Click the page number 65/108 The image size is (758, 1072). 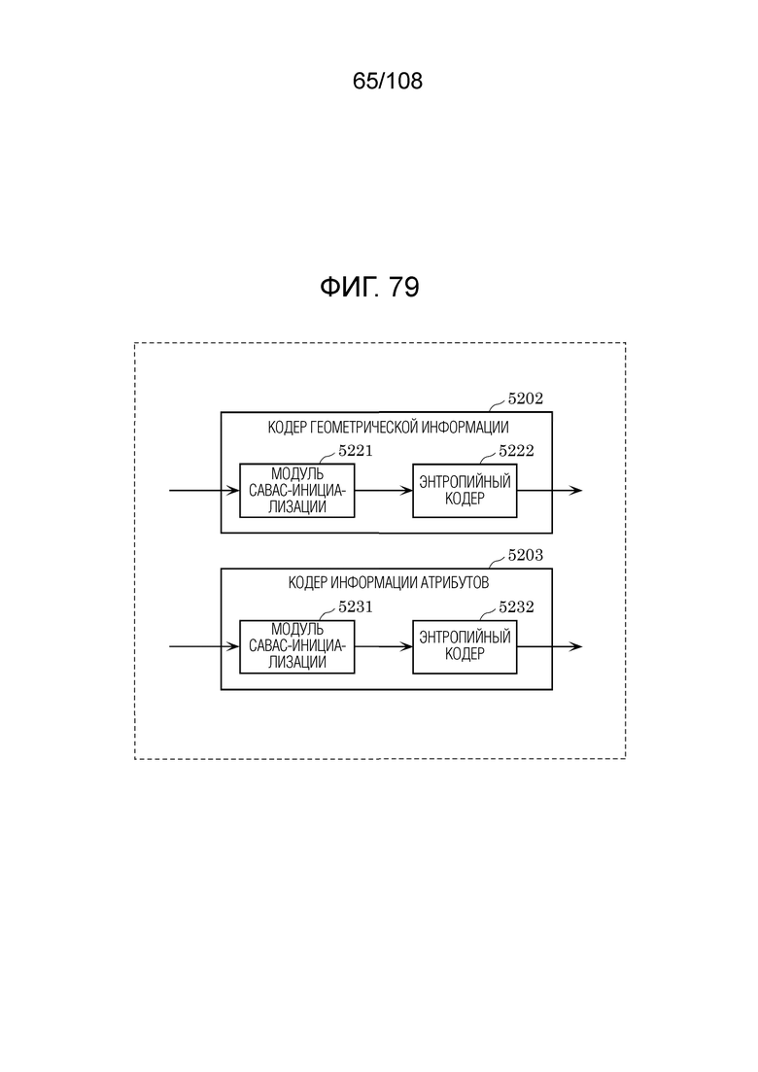click(x=388, y=82)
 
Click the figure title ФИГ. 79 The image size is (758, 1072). click(x=369, y=287)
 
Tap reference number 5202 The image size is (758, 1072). click(x=525, y=398)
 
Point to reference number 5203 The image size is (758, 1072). click(x=525, y=555)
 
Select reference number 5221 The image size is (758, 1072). click(x=356, y=451)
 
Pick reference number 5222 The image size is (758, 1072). click(x=516, y=451)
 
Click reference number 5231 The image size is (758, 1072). click(x=356, y=606)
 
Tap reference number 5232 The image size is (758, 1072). click(x=516, y=606)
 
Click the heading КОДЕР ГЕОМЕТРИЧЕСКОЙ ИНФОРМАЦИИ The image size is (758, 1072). click(x=388, y=428)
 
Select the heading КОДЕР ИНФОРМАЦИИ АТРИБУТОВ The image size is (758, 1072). click(x=388, y=583)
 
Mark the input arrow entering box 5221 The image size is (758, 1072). click(x=204, y=490)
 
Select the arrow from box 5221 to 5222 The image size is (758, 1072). click(x=384, y=490)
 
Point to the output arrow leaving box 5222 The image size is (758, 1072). click(x=549, y=490)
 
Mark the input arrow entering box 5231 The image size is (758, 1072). click(x=204, y=646)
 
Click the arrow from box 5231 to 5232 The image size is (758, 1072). click(x=384, y=646)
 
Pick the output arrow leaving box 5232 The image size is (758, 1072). click(x=549, y=646)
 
